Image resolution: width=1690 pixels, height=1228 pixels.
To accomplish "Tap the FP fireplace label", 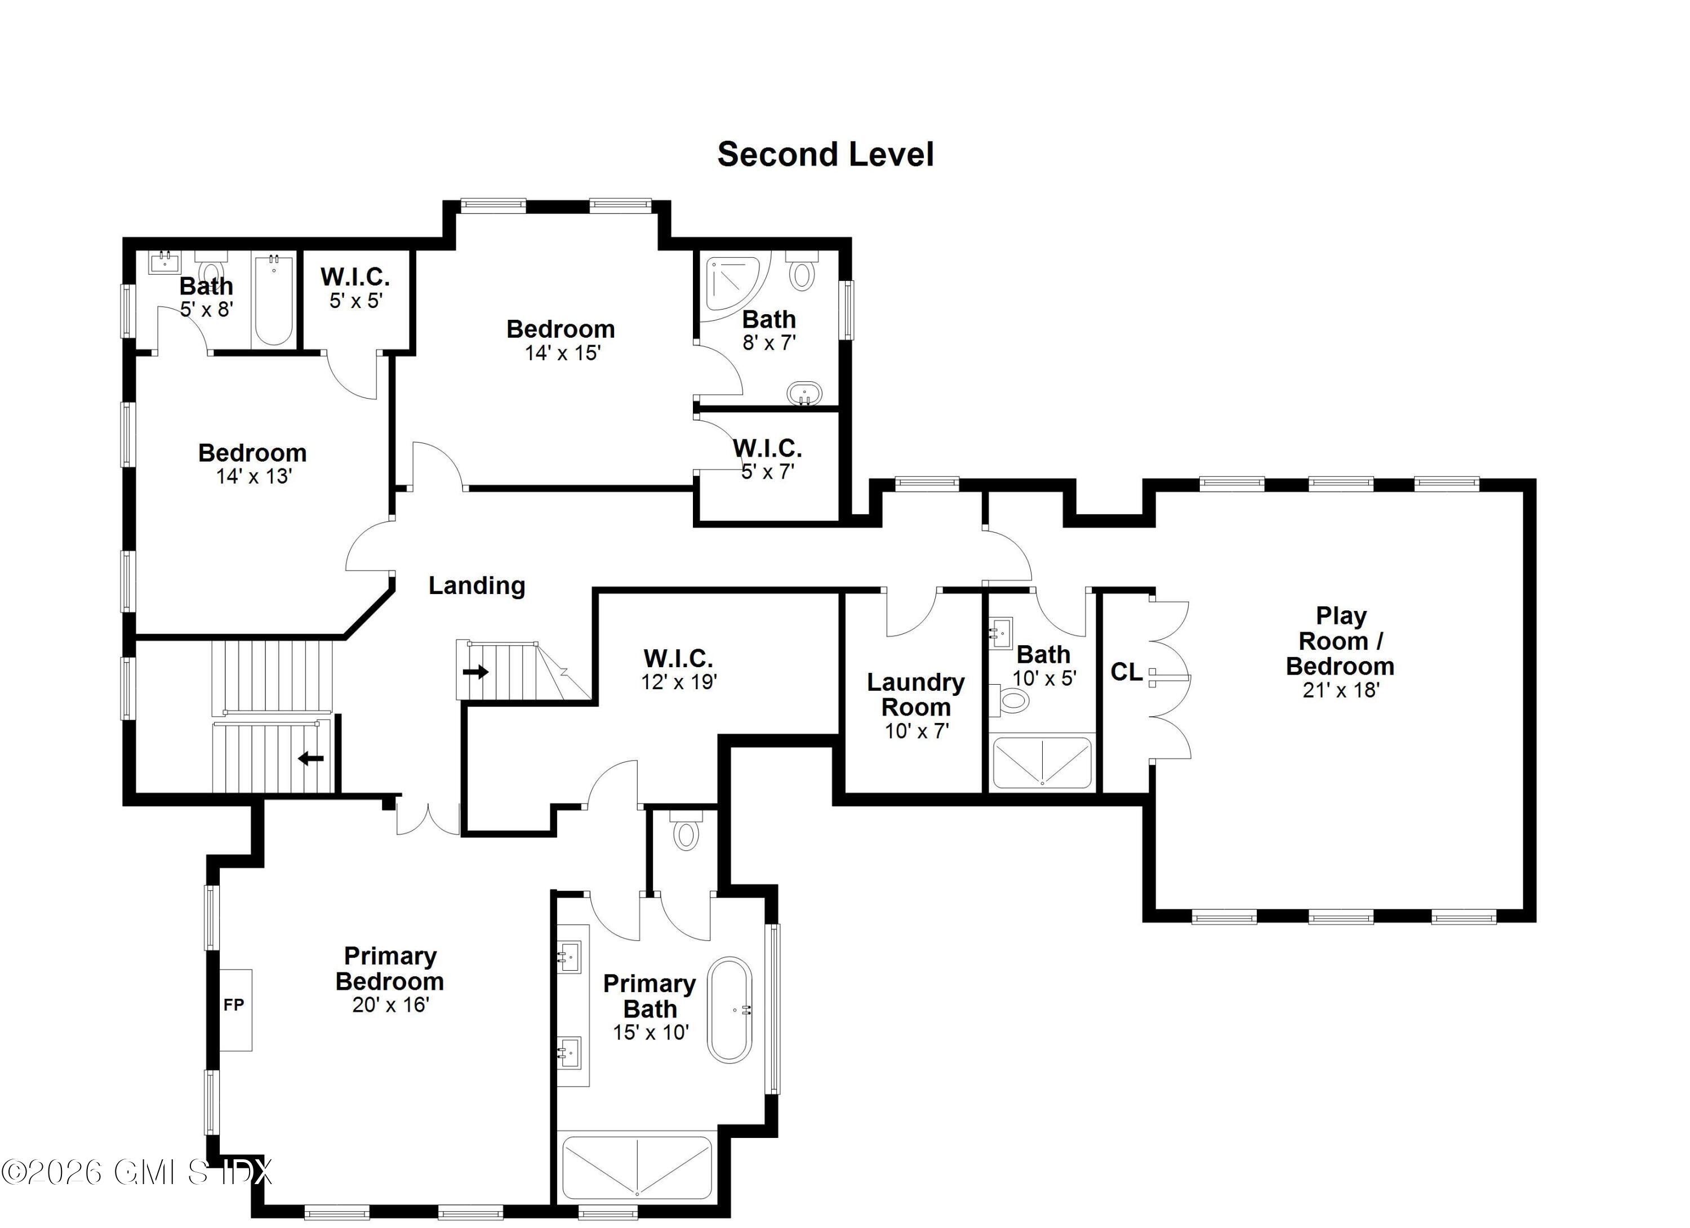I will pos(234,1004).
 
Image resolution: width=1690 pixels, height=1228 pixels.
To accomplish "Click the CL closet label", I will pos(1126,672).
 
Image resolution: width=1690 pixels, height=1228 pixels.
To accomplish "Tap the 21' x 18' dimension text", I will pos(1341,690).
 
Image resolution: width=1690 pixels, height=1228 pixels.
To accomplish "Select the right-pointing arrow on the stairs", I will pos(475,672).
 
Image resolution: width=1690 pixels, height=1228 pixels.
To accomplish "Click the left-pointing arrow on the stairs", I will pos(311,759).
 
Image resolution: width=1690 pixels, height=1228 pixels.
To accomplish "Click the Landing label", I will pos(477,586).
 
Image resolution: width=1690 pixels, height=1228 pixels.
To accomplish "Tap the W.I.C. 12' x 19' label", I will pos(678,669).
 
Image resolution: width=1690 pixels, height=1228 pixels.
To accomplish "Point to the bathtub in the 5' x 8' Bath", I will pos(273,301).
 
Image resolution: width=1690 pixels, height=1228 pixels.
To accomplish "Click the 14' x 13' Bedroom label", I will pos(252,463).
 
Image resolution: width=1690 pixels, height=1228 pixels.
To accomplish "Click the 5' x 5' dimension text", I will pos(356,301).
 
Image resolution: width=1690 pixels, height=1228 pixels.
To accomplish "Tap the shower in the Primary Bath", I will pos(637,1168).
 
